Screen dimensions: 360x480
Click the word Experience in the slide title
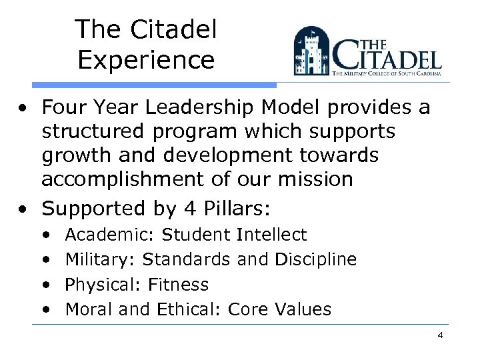(146, 60)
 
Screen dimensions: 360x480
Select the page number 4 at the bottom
(440, 335)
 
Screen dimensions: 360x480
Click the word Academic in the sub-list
(109, 235)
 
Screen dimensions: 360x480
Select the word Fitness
(178, 285)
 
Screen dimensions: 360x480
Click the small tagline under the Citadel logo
(387, 77)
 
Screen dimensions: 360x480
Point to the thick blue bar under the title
(153, 85)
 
